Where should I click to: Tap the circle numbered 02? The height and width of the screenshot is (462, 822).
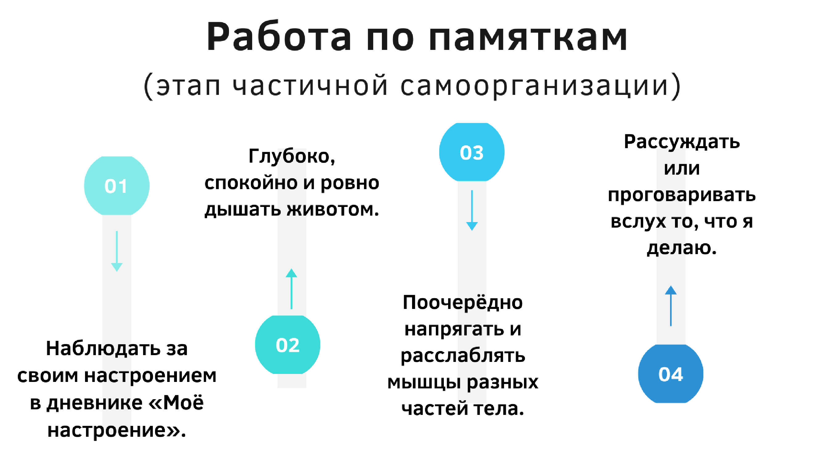tap(288, 345)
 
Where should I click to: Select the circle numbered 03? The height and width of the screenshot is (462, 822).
tap(472, 152)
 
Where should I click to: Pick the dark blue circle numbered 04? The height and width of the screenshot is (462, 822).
tap(670, 374)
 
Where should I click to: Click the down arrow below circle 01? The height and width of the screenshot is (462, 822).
tap(117, 251)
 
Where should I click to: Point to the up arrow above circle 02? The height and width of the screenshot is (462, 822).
tap(291, 289)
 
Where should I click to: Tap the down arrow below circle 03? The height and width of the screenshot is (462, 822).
tap(472, 210)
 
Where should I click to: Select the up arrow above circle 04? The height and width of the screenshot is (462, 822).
tap(671, 306)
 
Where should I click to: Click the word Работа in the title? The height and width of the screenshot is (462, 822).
tap(279, 37)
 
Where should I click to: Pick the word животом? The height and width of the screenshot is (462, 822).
tap(333, 209)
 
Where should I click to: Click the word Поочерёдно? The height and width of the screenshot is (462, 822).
tap(463, 302)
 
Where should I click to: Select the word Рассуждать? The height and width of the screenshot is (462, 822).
tap(681, 142)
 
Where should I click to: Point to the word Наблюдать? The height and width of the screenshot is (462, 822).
tap(103, 348)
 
